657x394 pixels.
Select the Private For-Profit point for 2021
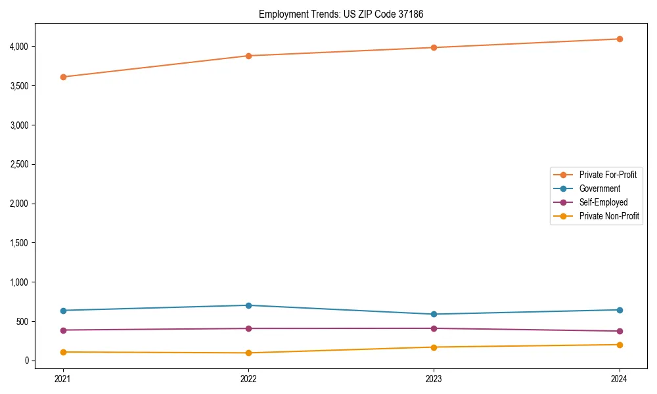point(63,77)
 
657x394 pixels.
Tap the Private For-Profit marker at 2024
point(620,39)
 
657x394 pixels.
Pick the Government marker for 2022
point(248,305)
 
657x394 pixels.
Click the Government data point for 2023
point(434,314)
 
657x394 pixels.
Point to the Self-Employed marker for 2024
point(620,331)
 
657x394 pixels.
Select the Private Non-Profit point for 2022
point(248,353)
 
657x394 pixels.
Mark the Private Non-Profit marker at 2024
point(620,345)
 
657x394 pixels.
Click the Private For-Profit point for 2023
point(434,47)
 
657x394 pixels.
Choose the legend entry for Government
point(599,188)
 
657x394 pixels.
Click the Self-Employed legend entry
point(603,202)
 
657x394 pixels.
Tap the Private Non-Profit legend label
point(609,216)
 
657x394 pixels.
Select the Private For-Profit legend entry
point(607,175)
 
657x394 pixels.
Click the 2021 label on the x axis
point(63,378)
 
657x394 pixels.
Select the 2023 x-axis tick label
point(434,378)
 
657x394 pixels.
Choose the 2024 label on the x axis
point(620,378)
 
